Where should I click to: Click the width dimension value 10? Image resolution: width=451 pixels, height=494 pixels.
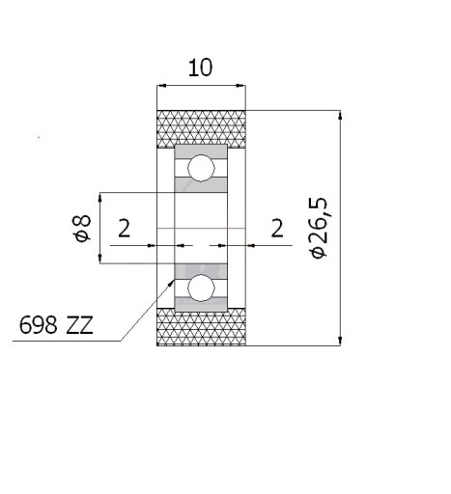200,68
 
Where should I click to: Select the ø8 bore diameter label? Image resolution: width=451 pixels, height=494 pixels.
82,228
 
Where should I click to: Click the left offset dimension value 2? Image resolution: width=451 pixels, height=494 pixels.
125,228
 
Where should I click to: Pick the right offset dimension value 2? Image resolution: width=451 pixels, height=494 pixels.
277,228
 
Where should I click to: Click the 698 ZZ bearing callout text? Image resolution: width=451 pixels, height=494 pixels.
56,325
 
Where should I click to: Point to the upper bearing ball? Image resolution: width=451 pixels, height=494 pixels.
201,168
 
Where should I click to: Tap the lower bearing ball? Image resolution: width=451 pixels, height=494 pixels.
201,288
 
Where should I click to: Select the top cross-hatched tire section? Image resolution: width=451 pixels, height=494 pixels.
201,129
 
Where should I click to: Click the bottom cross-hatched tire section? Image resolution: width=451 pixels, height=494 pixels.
201,327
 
